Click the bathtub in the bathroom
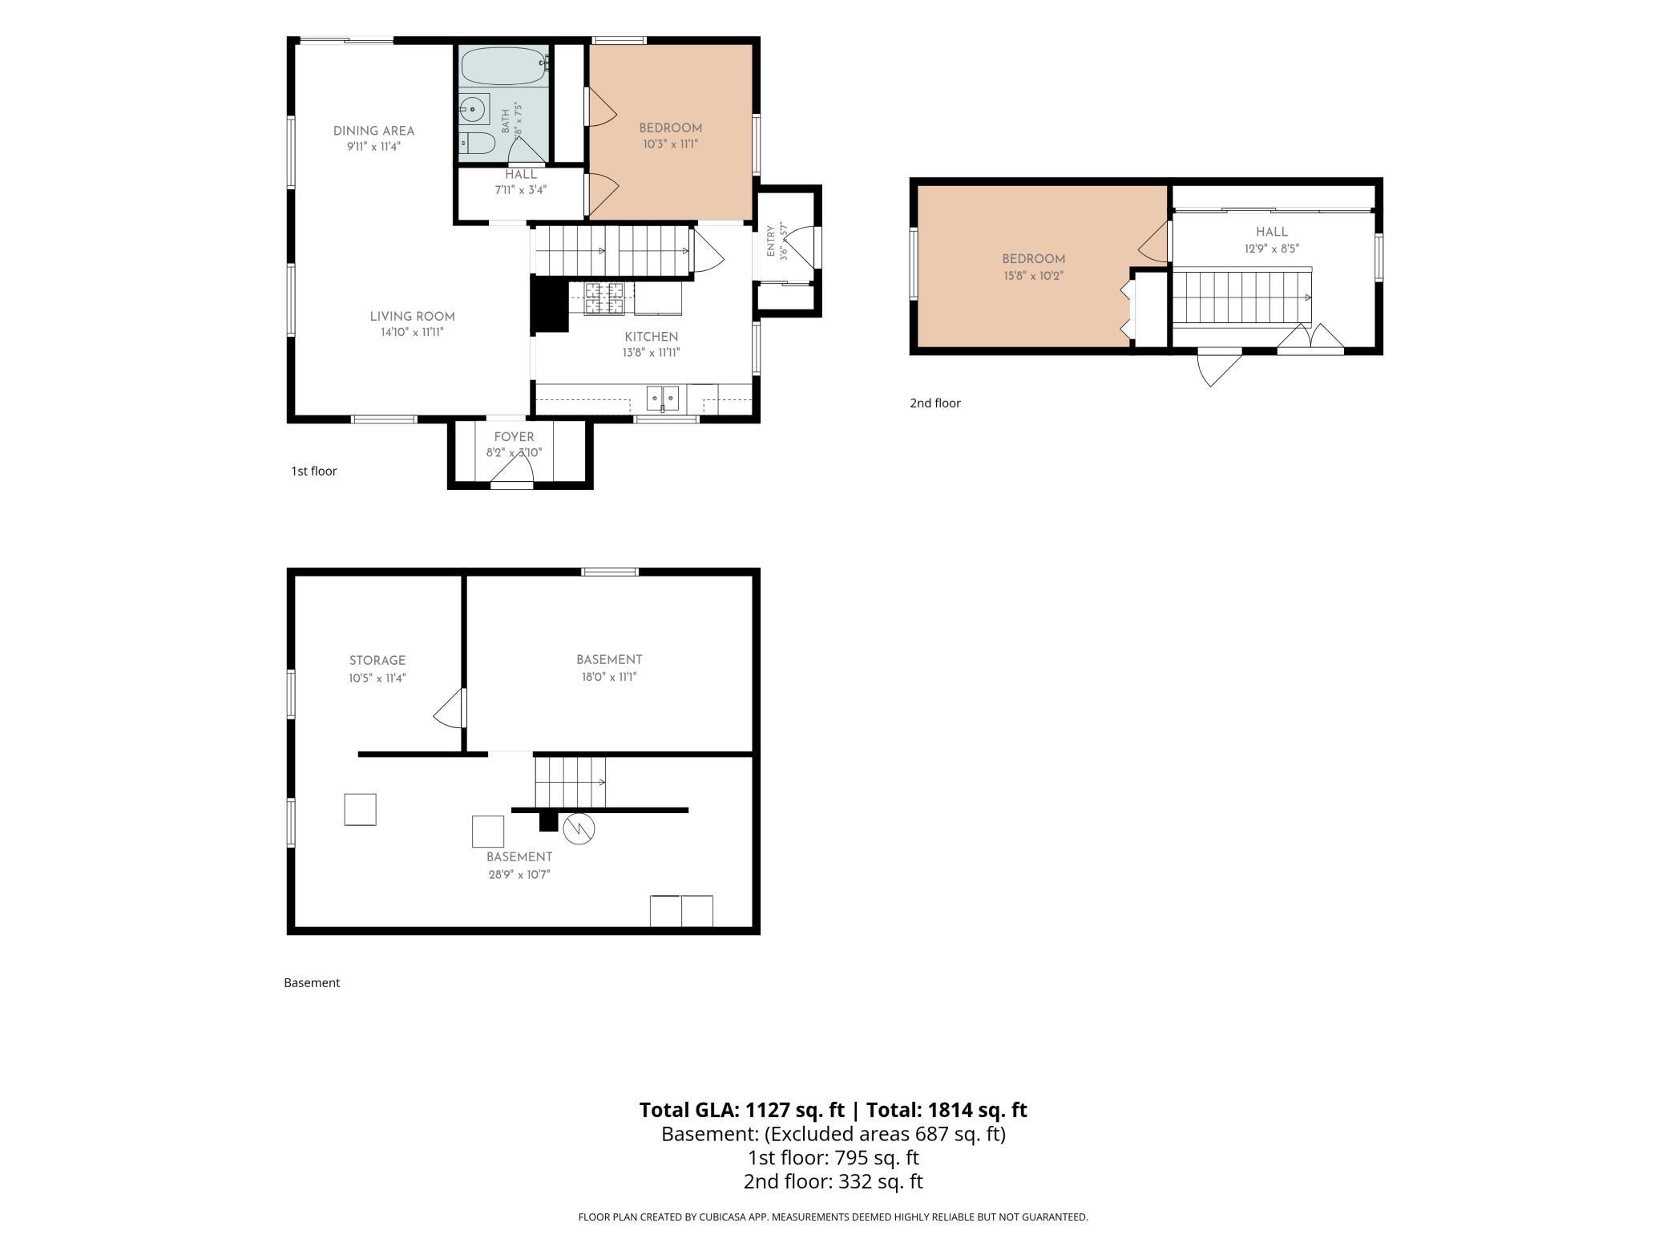click(504, 66)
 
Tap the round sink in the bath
click(473, 108)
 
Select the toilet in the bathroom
click(478, 144)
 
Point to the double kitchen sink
click(663, 398)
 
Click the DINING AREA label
click(373, 131)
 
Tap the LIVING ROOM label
click(412, 316)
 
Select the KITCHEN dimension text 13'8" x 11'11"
click(651, 352)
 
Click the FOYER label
click(514, 437)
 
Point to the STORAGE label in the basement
click(377, 660)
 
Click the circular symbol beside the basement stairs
click(579, 829)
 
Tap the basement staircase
click(570, 783)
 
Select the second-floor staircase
click(1242, 298)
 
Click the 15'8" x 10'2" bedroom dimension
click(1033, 276)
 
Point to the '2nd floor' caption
click(934, 403)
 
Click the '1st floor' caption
click(313, 471)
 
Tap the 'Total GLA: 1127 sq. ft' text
click(741, 1110)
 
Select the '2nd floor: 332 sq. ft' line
click(833, 1181)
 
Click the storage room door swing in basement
click(450, 708)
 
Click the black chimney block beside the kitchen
click(549, 304)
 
